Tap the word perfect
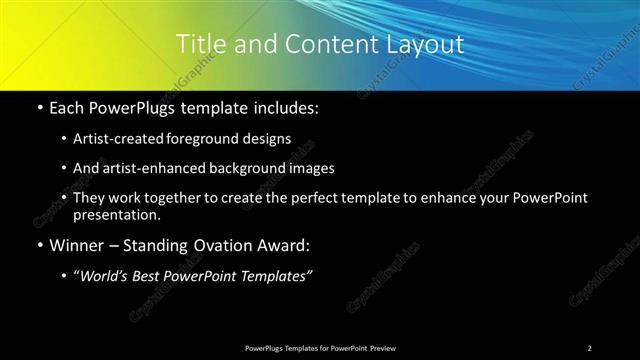318,198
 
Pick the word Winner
75,245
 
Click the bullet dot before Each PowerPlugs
38,107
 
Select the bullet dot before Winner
38,245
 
